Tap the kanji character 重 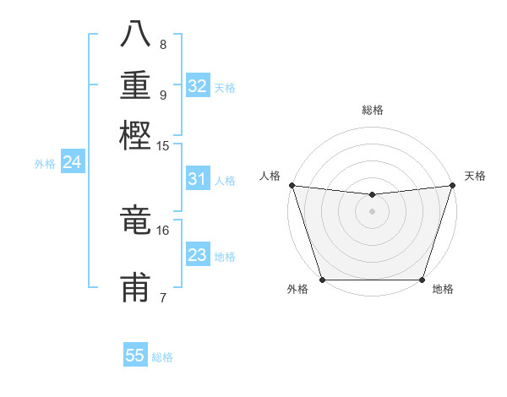(x=135, y=86)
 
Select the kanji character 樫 (x=135, y=135)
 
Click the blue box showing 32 (x=198, y=85)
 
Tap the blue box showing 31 (x=197, y=179)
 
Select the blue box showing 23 (x=197, y=255)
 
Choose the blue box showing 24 (x=72, y=162)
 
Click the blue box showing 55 (x=135, y=356)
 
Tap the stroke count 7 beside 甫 (x=162, y=297)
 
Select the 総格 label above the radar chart (x=372, y=110)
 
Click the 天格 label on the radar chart (x=475, y=176)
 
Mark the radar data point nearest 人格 (x=292, y=185)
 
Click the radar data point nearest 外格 (x=323, y=280)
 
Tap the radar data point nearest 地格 (x=422, y=280)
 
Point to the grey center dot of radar (x=372, y=211)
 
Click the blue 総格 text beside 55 (x=162, y=357)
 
